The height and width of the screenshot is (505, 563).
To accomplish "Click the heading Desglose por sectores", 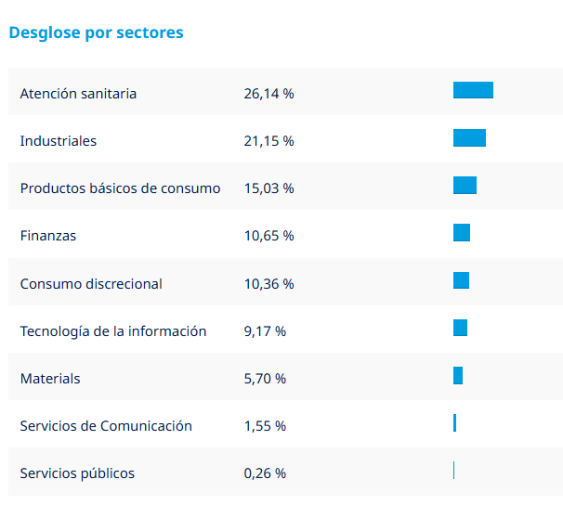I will coord(96,32).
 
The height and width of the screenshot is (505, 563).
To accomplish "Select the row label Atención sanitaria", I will coord(78,94).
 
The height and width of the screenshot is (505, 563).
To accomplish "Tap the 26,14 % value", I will coord(268,94).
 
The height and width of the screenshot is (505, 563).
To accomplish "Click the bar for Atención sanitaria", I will coord(473,90).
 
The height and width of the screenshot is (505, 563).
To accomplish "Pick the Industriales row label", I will coord(59,141).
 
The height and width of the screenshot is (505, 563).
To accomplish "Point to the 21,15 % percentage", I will coord(268,141).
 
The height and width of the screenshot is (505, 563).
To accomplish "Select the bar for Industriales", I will coord(469,138).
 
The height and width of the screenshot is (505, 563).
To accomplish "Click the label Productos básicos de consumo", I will coord(120,188).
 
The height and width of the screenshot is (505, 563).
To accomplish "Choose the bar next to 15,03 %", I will coord(465,186).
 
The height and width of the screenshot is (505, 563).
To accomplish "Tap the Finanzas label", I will coord(48,236).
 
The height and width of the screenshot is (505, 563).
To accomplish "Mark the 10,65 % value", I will coord(268,236).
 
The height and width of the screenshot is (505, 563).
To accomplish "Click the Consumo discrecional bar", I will coord(461,280).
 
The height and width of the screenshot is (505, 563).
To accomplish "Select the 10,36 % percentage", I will coord(268,284).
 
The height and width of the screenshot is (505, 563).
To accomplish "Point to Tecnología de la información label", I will coord(113,331).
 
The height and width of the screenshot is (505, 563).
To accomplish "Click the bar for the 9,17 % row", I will coord(460,328).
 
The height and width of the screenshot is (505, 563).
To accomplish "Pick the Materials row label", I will coord(50,379).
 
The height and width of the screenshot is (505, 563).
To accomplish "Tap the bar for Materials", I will coord(458,375).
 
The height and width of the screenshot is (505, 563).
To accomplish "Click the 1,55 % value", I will coord(265,426).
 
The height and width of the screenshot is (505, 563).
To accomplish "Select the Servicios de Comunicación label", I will coord(106,426).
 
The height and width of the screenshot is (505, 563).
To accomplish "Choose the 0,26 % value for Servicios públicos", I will coord(265,473).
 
